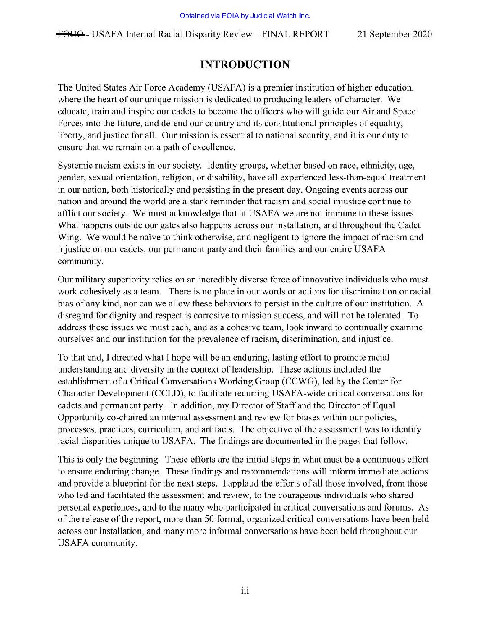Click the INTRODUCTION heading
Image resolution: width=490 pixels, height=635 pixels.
coord(245,64)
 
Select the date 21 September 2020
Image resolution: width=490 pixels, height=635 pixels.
coord(395,34)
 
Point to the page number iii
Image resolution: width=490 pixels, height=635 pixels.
coord(245,590)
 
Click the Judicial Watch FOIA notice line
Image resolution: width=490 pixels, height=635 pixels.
coord(245,16)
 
